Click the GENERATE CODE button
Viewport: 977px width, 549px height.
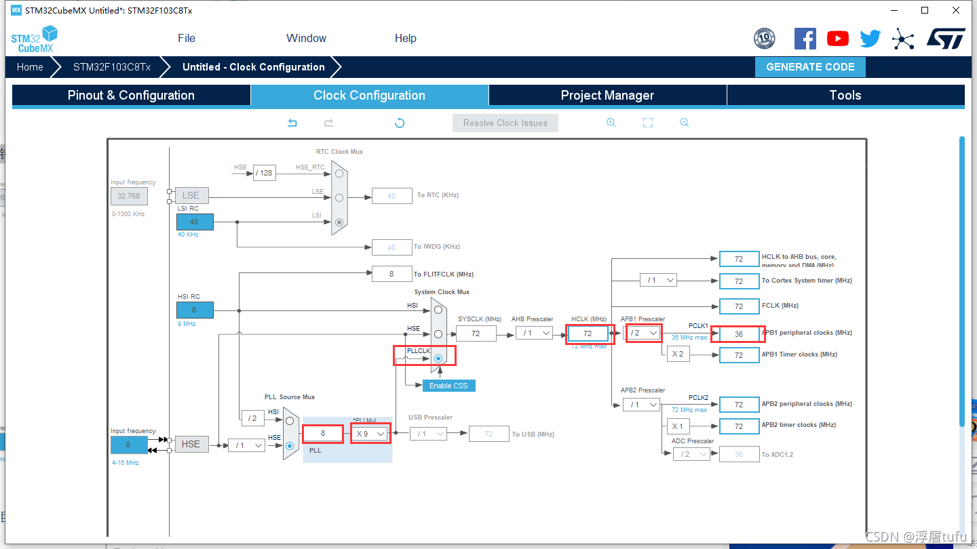tap(810, 67)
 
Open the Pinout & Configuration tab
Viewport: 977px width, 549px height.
tap(131, 96)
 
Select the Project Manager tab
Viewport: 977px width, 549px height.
tap(607, 96)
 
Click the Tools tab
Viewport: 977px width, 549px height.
tap(845, 96)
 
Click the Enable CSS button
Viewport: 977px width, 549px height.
tap(448, 386)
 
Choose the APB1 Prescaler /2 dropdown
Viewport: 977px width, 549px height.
tap(643, 333)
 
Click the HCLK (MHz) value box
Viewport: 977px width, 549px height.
tap(588, 333)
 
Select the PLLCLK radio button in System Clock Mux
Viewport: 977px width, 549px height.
tap(438, 358)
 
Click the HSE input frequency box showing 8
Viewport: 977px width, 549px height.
tap(128, 445)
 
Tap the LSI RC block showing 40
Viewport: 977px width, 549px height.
tap(195, 222)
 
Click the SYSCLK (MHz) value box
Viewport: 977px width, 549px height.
tap(476, 333)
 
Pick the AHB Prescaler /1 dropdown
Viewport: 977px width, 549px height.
tap(533, 333)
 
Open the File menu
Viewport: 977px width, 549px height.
tap(187, 38)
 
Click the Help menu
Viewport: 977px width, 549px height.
tap(406, 38)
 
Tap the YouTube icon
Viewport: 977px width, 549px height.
tap(837, 39)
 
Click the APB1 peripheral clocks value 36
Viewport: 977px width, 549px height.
tap(739, 333)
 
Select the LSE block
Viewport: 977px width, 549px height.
tap(191, 195)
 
